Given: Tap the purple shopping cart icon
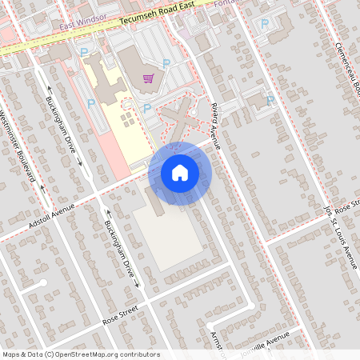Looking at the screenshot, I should (x=148, y=78).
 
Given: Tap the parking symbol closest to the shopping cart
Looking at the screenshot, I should (x=166, y=63).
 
